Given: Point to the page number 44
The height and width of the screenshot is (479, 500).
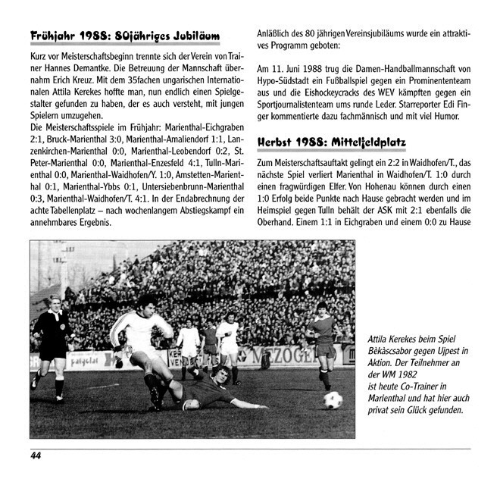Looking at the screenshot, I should point(36,455).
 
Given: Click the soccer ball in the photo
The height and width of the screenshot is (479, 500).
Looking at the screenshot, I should point(333,399).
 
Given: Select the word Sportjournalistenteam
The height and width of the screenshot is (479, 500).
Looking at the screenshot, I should point(305,108).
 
